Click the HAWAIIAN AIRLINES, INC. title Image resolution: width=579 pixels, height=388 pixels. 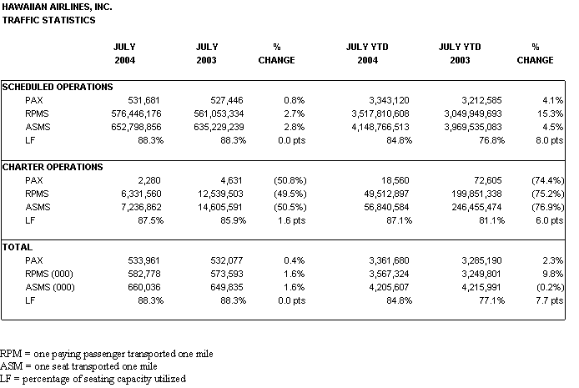point(57,7)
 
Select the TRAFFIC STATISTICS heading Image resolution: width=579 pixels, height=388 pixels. point(48,20)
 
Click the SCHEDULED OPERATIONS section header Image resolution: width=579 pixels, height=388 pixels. point(58,87)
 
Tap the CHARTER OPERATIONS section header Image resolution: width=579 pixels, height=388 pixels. point(53,167)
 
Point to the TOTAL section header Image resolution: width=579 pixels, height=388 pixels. point(18,247)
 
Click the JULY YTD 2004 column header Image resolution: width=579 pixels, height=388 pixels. point(367,53)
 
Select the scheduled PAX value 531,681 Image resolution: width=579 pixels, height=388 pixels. point(143,100)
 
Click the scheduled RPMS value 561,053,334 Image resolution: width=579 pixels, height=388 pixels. point(219,113)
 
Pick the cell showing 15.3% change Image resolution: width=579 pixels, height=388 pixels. point(550,113)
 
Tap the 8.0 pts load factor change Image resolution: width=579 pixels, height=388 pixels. point(550,140)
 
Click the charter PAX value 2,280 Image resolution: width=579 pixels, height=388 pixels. point(149,180)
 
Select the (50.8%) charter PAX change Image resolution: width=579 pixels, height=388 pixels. point(290,180)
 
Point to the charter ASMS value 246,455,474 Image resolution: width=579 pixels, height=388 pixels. point(476,207)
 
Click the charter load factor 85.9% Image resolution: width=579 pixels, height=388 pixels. point(233,220)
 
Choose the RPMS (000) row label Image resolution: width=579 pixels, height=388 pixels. point(49,274)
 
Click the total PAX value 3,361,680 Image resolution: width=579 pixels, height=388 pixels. point(389,260)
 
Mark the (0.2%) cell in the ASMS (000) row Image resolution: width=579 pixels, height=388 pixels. point(547,287)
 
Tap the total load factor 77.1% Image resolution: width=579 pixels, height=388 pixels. point(491,300)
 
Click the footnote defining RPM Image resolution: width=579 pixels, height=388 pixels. point(106,354)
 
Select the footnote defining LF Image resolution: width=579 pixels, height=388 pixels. point(93,379)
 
